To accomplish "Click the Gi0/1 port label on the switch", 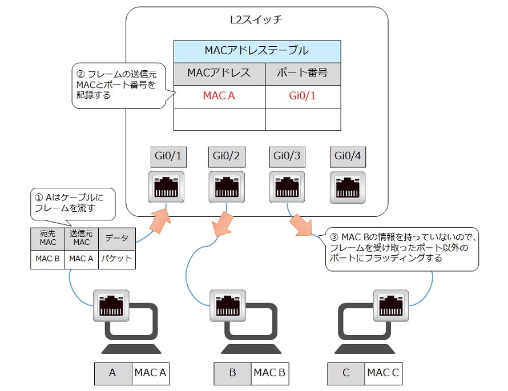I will pyautogui.click(x=169, y=155).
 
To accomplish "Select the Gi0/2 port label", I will pyautogui.click(x=225, y=155).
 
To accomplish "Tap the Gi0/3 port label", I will pyautogui.click(x=286, y=155).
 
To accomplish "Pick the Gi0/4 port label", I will pyautogui.click(x=346, y=155).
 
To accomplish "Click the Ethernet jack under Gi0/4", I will pyautogui.click(x=346, y=187).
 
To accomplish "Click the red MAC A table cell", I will pyautogui.click(x=219, y=96).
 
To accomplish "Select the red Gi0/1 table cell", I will pyautogui.click(x=303, y=96).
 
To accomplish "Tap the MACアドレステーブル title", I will pyautogui.click(x=257, y=51).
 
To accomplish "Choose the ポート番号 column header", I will pyautogui.click(x=303, y=73).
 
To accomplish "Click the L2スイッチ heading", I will pyautogui.click(x=256, y=20).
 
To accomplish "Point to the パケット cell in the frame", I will pyautogui.click(x=116, y=259).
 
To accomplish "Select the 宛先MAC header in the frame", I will pyautogui.click(x=48, y=238).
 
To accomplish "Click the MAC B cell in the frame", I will pyautogui.click(x=48, y=259).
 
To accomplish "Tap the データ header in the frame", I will pyautogui.click(x=116, y=238).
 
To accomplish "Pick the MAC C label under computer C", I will pyautogui.click(x=384, y=373).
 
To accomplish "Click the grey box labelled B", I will pyautogui.click(x=232, y=373).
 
